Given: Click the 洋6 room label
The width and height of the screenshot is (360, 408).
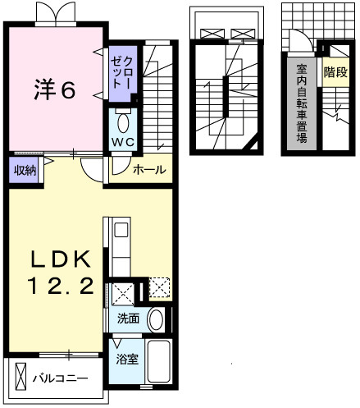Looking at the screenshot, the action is (x=55, y=89).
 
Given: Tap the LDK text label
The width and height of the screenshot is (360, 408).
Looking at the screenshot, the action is (x=61, y=259).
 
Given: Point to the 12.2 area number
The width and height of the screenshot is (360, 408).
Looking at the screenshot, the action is (x=61, y=285).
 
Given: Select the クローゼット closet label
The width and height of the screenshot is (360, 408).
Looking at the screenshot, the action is (x=121, y=72).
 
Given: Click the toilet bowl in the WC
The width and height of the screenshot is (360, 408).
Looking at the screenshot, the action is (x=123, y=123).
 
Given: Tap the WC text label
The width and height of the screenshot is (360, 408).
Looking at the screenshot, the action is (x=123, y=142).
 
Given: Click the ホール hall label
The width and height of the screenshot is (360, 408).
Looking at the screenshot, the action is (x=149, y=170).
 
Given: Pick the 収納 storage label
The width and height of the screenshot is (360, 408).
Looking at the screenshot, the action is (x=25, y=171).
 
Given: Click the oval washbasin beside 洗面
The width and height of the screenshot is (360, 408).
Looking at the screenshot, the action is (x=156, y=319).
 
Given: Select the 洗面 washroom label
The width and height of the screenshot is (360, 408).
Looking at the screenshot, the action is (x=128, y=319).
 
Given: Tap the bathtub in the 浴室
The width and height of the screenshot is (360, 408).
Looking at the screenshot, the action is (x=158, y=360).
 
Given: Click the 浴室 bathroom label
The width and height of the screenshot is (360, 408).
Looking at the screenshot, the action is (x=127, y=360).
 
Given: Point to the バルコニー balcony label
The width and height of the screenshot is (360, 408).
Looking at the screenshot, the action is (x=61, y=378).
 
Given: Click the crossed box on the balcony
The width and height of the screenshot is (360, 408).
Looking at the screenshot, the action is (x=21, y=376).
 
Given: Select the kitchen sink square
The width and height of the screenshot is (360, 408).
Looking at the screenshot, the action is (x=121, y=230).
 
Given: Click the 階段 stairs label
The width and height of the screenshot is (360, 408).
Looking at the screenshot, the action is (x=335, y=72).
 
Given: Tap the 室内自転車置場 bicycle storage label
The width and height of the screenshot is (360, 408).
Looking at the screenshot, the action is (x=302, y=103).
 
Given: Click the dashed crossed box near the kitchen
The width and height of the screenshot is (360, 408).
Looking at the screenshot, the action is (x=159, y=287).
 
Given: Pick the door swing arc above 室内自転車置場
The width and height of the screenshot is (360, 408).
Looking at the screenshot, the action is (x=303, y=39).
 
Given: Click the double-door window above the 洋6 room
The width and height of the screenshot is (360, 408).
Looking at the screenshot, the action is (x=55, y=13).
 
